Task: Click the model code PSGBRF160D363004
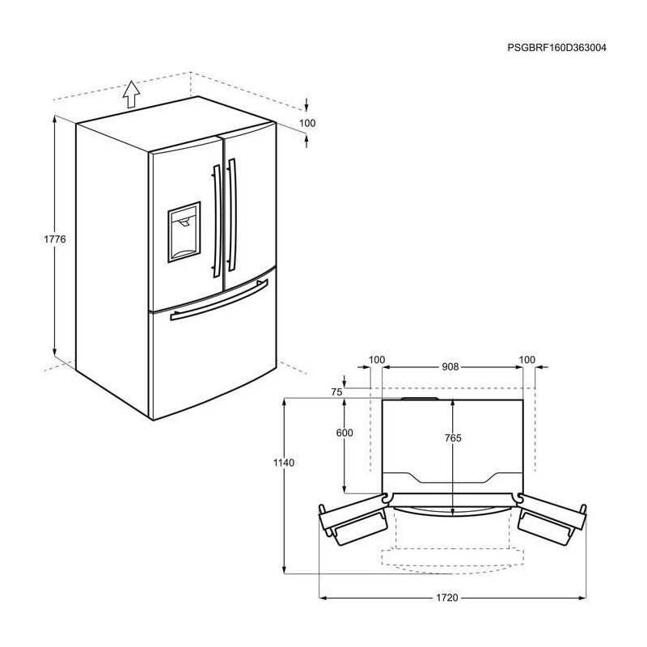click(556, 48)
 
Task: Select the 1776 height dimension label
click(55, 239)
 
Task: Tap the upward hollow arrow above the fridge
click(131, 95)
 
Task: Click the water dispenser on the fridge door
click(184, 232)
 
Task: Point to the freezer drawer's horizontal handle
click(219, 300)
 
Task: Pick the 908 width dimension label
click(450, 366)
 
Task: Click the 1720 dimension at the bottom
click(447, 598)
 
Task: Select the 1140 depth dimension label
click(284, 463)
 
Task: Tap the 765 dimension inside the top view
click(453, 438)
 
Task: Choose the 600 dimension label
click(345, 433)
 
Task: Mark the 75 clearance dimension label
click(336, 392)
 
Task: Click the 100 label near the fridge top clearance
click(307, 123)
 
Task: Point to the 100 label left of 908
click(376, 360)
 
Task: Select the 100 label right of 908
click(527, 360)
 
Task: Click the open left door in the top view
click(353, 519)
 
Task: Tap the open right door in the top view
click(552, 519)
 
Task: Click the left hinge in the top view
click(386, 498)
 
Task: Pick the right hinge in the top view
click(519, 498)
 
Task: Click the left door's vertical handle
click(217, 221)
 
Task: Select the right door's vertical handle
click(232, 215)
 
